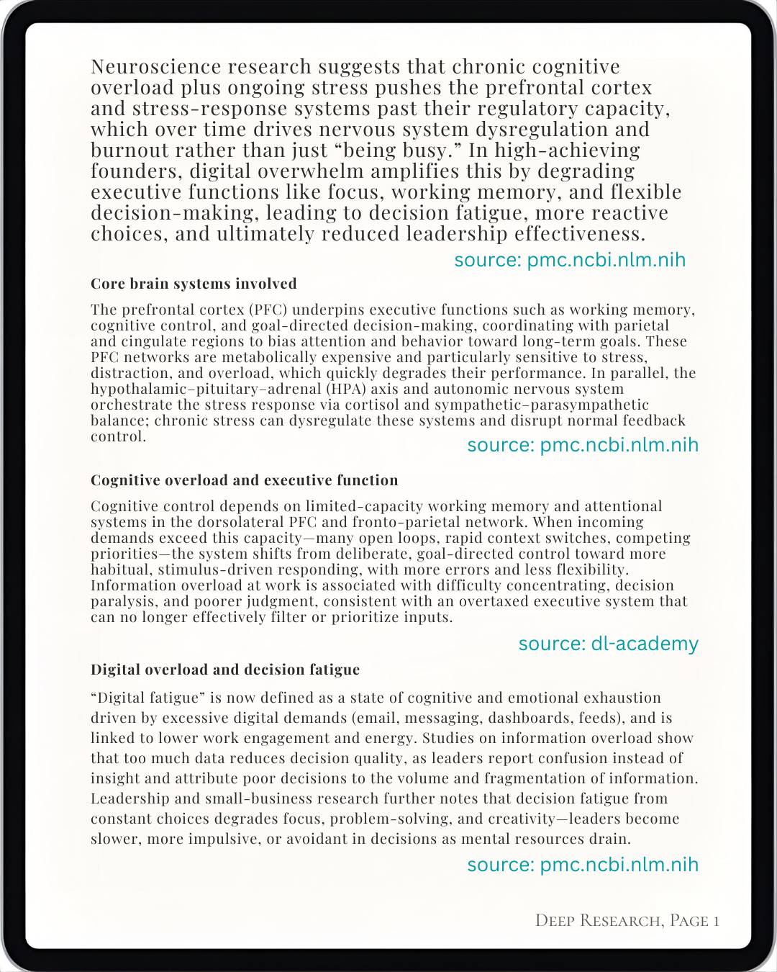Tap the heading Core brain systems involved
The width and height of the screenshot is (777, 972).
(x=194, y=284)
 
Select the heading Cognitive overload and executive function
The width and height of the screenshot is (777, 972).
(x=244, y=480)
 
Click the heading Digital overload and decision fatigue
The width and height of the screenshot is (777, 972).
(x=224, y=670)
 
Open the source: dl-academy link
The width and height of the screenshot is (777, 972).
(x=608, y=644)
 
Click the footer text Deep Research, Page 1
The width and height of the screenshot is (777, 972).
(x=627, y=920)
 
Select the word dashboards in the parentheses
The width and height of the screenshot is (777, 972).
(x=527, y=718)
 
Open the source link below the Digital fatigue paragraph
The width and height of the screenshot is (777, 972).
(x=583, y=865)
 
